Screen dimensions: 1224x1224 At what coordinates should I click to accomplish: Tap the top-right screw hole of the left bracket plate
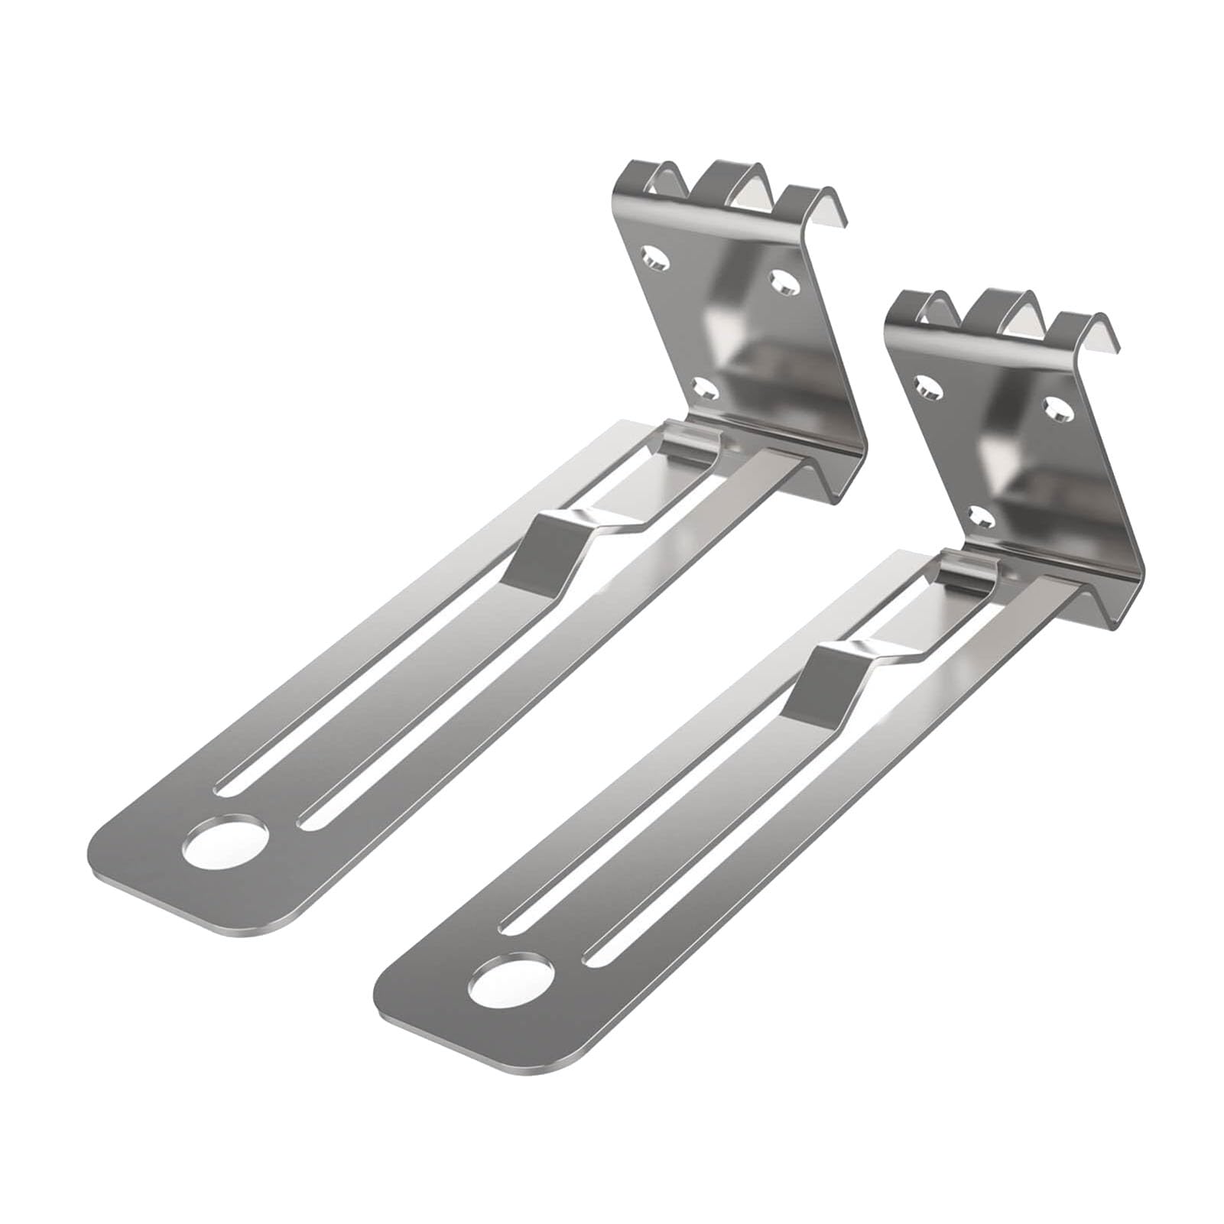(x=784, y=283)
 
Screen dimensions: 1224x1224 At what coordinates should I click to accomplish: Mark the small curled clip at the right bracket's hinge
(x=968, y=570)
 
